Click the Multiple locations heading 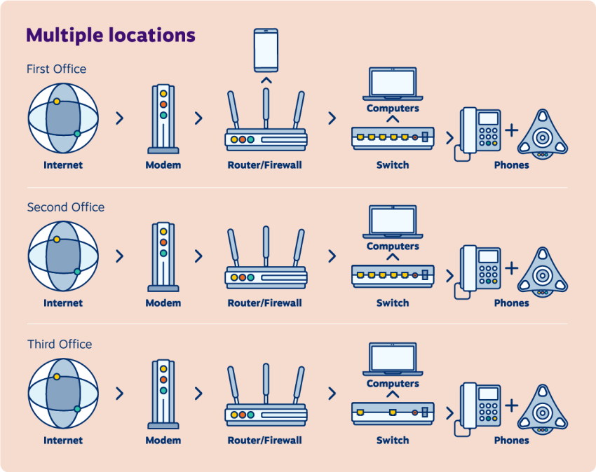point(111,35)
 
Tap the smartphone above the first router point(266,50)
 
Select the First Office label point(57,69)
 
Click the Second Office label point(66,207)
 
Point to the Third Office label point(60,345)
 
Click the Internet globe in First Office point(63,118)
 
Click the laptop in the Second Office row point(393,221)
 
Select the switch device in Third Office point(393,413)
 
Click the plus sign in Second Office point(511,268)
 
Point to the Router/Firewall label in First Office point(265,165)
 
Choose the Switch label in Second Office point(393,303)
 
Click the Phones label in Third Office point(511,440)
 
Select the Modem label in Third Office point(163,440)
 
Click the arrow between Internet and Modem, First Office point(119,118)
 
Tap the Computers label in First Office point(393,109)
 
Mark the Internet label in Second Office point(63,303)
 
